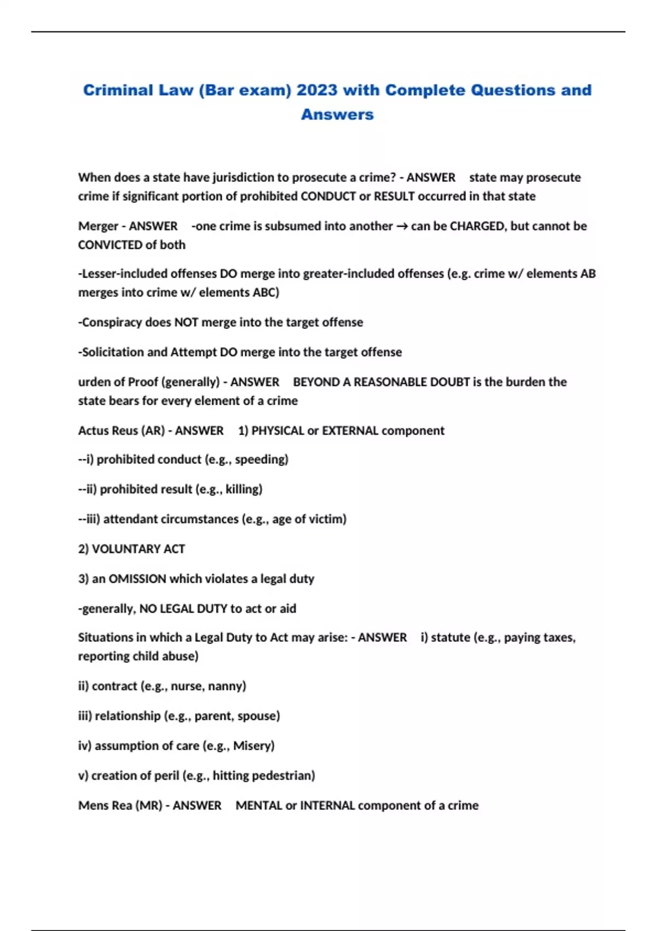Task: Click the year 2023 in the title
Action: [317, 90]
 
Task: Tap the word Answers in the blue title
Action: [337, 114]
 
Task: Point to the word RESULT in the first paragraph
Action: [394, 196]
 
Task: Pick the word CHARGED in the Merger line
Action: [477, 226]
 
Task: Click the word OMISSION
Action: [137, 579]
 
